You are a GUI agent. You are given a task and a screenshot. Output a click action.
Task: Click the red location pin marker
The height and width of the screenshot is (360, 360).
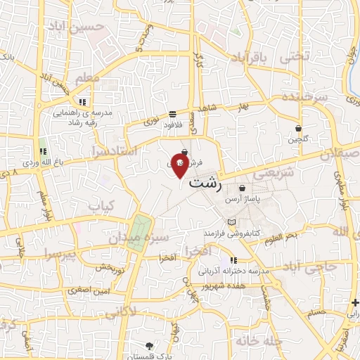coord(180,166)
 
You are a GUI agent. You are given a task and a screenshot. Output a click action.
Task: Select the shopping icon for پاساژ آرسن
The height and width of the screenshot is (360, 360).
coord(243,188)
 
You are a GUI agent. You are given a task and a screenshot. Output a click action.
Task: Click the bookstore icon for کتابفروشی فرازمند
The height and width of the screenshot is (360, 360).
coord(224,221)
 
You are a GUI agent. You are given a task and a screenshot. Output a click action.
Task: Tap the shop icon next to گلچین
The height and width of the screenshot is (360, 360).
coord(299,129)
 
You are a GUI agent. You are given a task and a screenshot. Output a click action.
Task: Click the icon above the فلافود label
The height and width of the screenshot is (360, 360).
coord(173,115)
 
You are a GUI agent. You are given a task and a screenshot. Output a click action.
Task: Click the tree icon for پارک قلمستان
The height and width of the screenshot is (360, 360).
coord(149,345)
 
